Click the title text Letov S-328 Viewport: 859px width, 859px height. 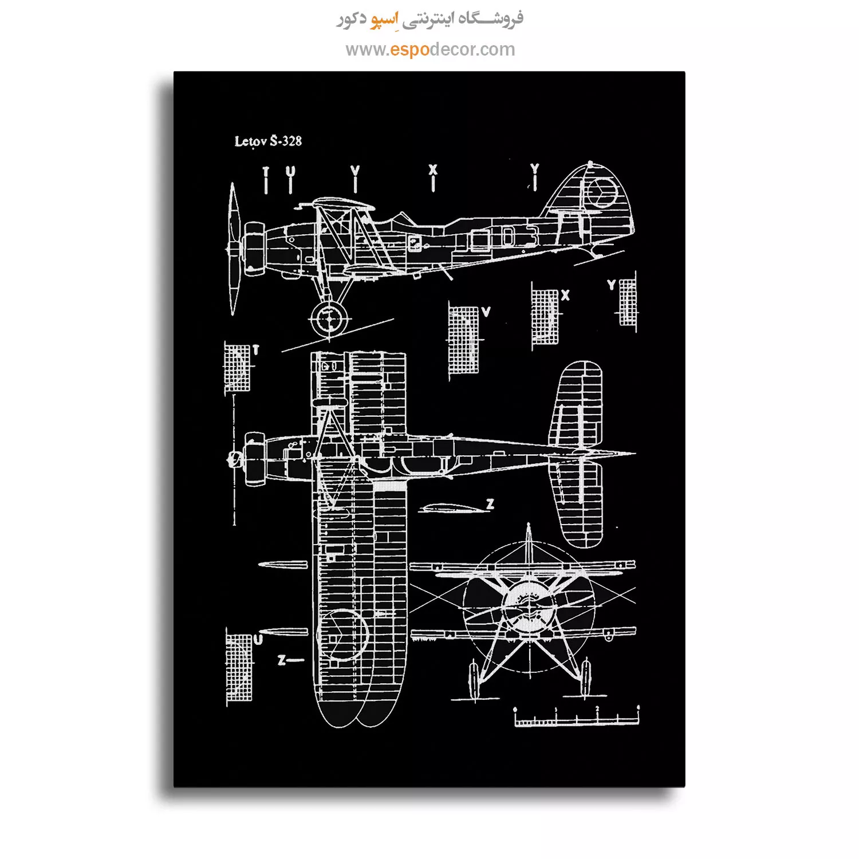[x=268, y=141]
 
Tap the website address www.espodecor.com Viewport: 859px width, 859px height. [x=430, y=50]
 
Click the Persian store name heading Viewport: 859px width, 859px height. [x=429, y=19]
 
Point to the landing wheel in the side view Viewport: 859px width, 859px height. [x=329, y=319]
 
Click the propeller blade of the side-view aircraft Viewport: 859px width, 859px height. [x=233, y=249]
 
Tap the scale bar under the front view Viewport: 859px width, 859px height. [x=576, y=717]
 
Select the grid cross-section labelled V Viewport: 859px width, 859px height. [x=463, y=340]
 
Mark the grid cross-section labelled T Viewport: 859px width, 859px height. [x=237, y=368]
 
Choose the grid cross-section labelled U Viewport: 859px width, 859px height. [x=239, y=667]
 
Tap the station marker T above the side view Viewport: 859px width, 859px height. [x=265, y=180]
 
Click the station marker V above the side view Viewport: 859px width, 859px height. [x=355, y=179]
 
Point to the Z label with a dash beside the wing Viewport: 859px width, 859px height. [x=290, y=660]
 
